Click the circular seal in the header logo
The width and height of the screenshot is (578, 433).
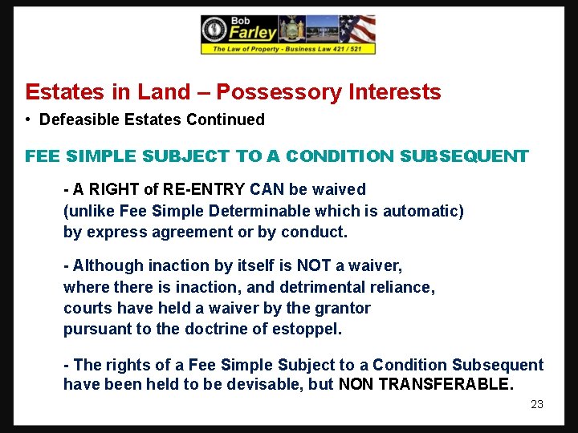pyautogui.click(x=214, y=30)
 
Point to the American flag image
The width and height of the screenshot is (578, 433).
pyautogui.click(x=356, y=30)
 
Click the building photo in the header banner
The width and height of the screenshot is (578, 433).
pyautogui.click(x=319, y=37)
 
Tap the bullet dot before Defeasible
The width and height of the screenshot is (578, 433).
pyautogui.click(x=28, y=119)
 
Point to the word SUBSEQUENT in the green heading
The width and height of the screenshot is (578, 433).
pyautogui.click(x=470, y=156)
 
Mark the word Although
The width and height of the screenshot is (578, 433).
pyautogui.click(x=106, y=265)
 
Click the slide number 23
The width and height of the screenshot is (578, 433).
pyautogui.click(x=537, y=404)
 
